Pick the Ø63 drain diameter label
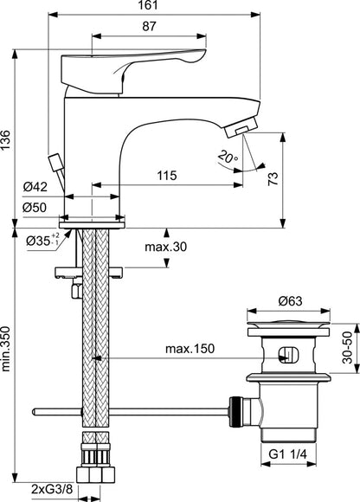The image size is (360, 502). (x=290, y=301)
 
